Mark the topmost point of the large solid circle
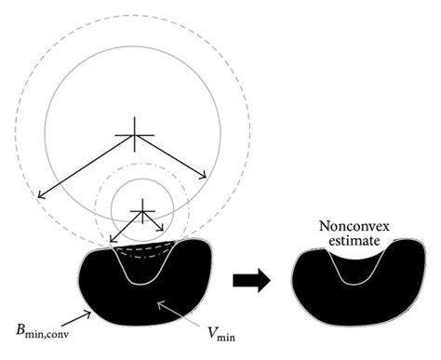(138, 46)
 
